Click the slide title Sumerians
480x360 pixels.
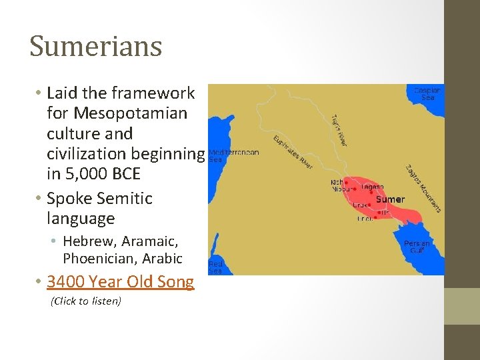pos(96,47)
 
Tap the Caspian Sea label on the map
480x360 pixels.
pos(427,94)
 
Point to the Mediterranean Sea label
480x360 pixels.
pos(234,155)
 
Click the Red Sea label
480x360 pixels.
pos(216,267)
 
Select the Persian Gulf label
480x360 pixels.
pos(417,247)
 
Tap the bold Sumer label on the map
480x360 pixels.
pos(390,199)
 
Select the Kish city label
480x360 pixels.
pos(337,181)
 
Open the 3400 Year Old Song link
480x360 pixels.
pos(121,282)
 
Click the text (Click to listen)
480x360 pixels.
pos(86,301)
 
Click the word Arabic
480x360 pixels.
pos(162,258)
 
